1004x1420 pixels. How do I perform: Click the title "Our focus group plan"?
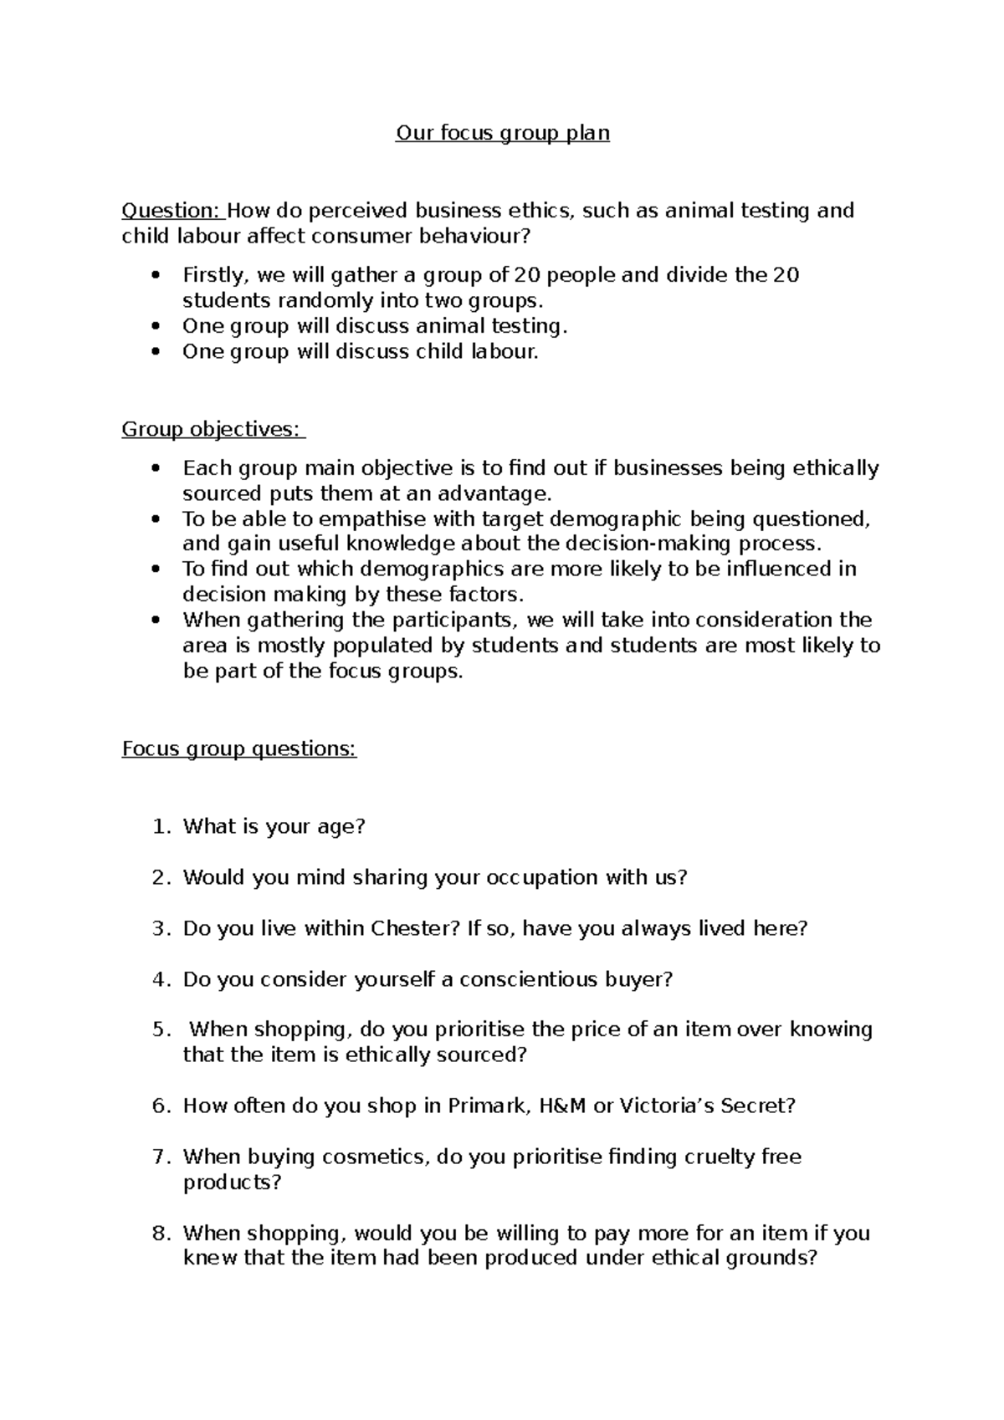[x=502, y=133]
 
